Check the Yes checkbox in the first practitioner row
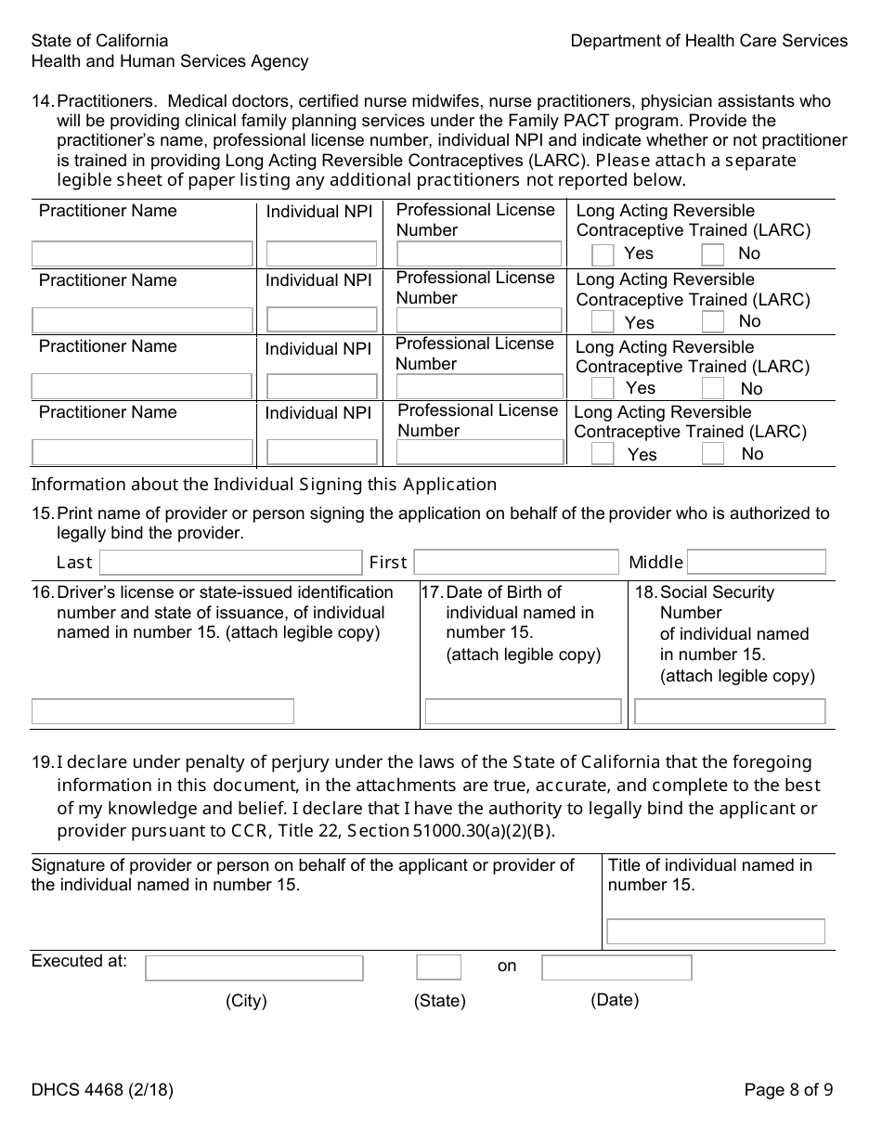603,254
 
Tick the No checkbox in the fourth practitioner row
713,454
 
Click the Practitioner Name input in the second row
143,320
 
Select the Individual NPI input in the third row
321,386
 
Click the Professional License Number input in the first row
479,253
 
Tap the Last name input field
230,563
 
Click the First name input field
515,563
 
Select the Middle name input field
756,562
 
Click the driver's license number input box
162,711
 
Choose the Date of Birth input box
523,711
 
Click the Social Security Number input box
730,711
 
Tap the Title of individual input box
715,931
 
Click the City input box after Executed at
254,968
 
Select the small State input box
438,967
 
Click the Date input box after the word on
616,967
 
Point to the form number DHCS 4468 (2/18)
102,1090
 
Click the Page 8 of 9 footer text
788,1090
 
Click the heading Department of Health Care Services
708,41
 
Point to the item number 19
43,762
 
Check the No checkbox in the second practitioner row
713,321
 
